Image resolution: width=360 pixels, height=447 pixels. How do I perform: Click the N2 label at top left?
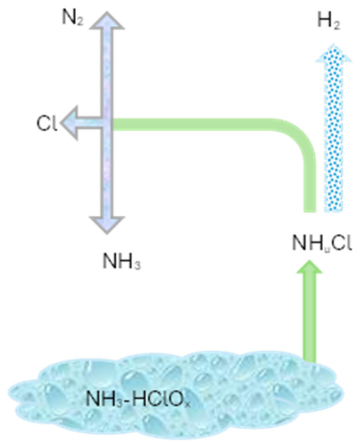click(x=73, y=19)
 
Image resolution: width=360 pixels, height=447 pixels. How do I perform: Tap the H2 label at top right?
click(x=329, y=21)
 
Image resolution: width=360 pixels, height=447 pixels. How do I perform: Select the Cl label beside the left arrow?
click(x=47, y=124)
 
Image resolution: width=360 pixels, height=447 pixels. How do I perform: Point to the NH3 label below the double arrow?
click(x=122, y=261)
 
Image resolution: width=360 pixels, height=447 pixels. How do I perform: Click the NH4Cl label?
click(x=322, y=243)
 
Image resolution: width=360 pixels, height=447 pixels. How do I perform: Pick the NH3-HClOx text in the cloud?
click(x=138, y=399)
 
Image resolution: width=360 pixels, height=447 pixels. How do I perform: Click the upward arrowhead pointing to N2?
click(x=107, y=21)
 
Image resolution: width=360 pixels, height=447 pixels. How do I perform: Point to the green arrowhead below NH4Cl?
click(x=310, y=267)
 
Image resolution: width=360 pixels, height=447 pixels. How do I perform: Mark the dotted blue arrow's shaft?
click(x=334, y=137)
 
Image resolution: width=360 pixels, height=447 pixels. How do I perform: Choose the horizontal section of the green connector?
click(x=194, y=124)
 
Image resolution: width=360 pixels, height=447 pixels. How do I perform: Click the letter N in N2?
click(x=68, y=17)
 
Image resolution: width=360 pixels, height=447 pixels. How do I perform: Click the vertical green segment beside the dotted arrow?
click(x=310, y=185)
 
